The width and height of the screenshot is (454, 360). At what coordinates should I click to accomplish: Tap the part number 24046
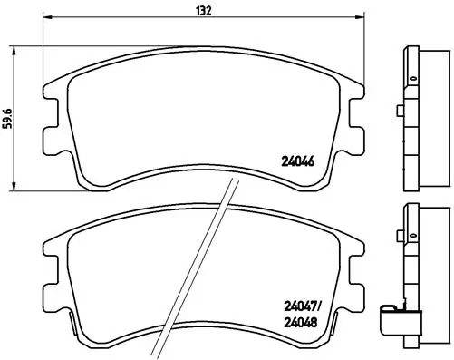[x=295, y=164]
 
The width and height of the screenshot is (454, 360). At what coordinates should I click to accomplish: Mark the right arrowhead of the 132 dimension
[x=362, y=20]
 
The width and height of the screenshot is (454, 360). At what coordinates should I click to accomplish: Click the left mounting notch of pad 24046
[x=49, y=136]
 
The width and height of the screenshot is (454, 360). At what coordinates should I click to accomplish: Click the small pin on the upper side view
[x=400, y=114]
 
